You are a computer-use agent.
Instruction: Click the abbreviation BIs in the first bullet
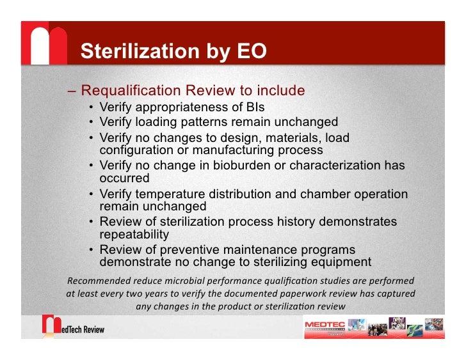tap(253, 107)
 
